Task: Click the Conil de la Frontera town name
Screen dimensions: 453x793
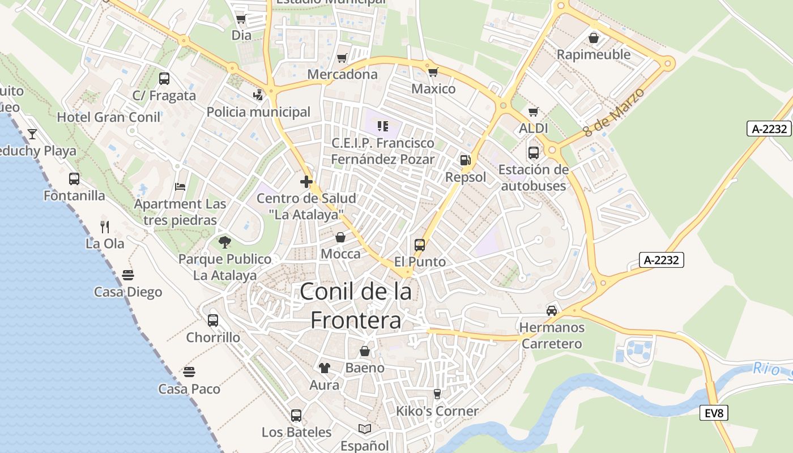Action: pyautogui.click(x=356, y=306)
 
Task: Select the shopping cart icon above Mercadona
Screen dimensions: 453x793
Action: pyautogui.click(x=342, y=58)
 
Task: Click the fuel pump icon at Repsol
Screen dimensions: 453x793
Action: pyautogui.click(x=466, y=160)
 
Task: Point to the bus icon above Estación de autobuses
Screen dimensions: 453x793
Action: pyautogui.click(x=533, y=152)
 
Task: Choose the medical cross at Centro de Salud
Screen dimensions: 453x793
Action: pyautogui.click(x=306, y=182)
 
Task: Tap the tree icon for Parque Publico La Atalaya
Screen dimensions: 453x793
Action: pyautogui.click(x=225, y=242)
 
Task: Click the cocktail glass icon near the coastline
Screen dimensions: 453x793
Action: pyautogui.click(x=32, y=134)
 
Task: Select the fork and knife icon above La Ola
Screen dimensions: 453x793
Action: pyautogui.click(x=104, y=226)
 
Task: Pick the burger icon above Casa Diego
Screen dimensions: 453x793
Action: pyautogui.click(x=128, y=275)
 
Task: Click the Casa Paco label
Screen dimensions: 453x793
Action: pyautogui.click(x=189, y=389)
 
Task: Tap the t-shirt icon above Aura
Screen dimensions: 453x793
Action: pyautogui.click(x=324, y=368)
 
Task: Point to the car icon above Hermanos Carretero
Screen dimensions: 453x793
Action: pyautogui.click(x=551, y=310)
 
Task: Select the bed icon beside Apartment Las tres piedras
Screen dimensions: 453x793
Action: pyautogui.click(x=180, y=186)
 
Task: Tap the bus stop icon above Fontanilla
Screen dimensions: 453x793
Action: pyautogui.click(x=74, y=179)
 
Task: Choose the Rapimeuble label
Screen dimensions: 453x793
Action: pyautogui.click(x=594, y=54)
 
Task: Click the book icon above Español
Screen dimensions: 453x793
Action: pyautogui.click(x=365, y=429)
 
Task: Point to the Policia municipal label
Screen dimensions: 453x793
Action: pyautogui.click(x=258, y=112)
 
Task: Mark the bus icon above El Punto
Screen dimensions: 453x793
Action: pyautogui.click(x=419, y=245)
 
